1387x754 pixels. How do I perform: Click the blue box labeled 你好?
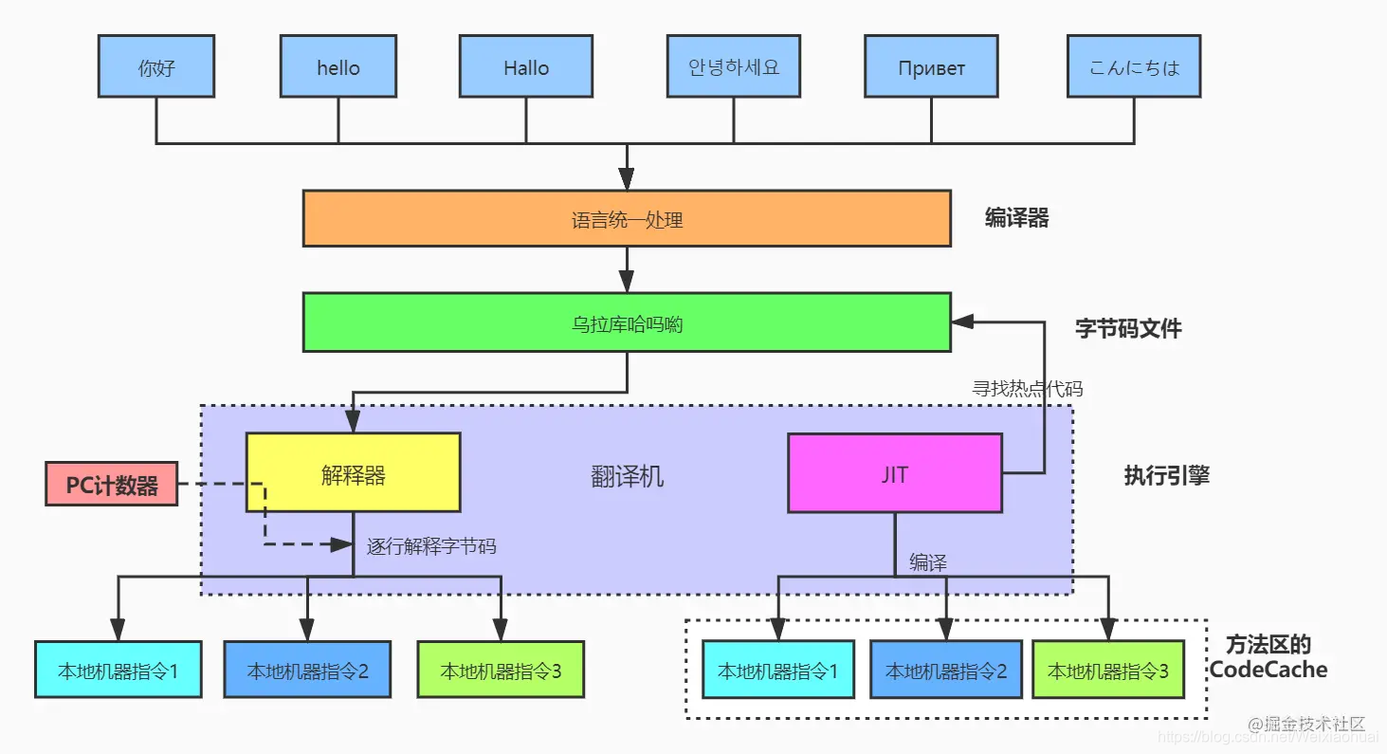156,67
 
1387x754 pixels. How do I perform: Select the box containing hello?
338,67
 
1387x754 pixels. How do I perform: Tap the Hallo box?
526,67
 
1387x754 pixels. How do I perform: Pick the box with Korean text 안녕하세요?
733,67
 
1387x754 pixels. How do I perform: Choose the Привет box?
931,67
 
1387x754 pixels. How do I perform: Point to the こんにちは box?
1134,67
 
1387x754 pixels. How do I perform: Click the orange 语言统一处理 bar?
627,219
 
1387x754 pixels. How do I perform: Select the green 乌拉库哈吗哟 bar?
627,323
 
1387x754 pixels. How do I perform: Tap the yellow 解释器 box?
353,473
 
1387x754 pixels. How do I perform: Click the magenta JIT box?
894,473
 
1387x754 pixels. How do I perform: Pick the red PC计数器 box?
112,485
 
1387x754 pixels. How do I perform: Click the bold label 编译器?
1016,218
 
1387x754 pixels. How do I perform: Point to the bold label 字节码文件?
1128,329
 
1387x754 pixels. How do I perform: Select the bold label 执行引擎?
1166,476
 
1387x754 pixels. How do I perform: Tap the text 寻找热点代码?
1028,388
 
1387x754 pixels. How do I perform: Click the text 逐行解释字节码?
431,546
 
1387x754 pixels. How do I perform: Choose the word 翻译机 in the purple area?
627,476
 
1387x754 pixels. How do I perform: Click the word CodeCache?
1268,670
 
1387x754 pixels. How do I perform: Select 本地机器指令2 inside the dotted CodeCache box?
946,671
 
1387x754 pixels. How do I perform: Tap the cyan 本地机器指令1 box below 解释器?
118,671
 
